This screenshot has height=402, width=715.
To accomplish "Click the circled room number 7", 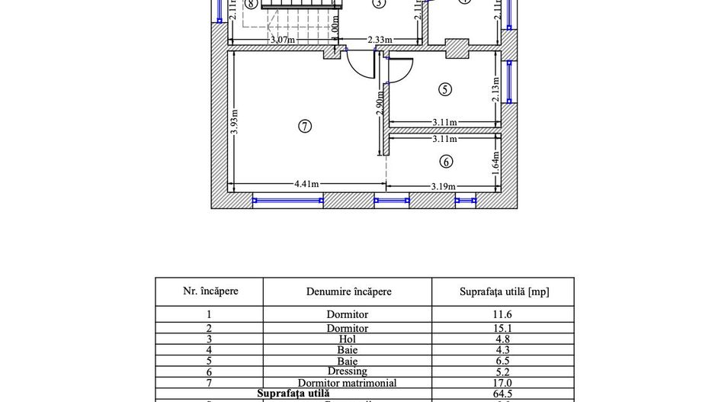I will point(305,127).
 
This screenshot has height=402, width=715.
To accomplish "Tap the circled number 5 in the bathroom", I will point(446,89).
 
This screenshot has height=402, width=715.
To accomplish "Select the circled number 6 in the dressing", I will point(446,162).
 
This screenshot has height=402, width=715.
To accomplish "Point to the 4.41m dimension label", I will point(306,184).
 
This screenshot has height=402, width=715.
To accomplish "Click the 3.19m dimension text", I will point(443,185).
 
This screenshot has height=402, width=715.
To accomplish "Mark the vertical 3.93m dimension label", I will point(235,122).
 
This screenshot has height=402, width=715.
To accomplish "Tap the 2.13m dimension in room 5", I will point(495,88).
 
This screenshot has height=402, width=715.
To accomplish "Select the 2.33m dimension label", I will point(380,40).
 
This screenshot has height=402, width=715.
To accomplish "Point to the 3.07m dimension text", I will point(282,40).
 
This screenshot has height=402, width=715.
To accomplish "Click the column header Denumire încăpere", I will point(348,291).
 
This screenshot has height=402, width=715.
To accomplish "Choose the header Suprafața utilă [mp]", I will point(504,291).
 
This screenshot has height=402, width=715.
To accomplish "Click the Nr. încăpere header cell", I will point(210,291).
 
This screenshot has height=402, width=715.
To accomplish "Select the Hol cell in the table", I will point(347,339).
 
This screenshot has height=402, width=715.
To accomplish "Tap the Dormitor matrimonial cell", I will point(347,383).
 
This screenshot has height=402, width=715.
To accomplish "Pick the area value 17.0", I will point(502,383).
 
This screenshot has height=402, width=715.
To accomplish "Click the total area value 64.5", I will point(502,394).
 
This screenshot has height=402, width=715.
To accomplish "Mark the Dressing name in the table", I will point(347,371).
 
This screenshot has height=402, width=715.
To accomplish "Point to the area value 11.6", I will point(502,314).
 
